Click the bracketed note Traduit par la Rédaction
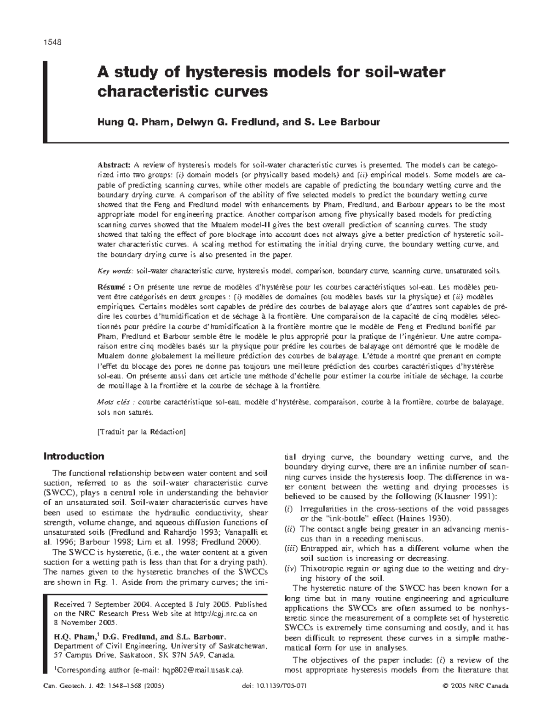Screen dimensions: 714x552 tap(141, 432)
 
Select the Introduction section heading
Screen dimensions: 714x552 tap(74, 457)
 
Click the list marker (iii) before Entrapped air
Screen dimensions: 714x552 tap(290, 548)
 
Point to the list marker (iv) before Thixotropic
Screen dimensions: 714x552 tap(290, 569)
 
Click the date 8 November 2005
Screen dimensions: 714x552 tap(85, 623)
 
